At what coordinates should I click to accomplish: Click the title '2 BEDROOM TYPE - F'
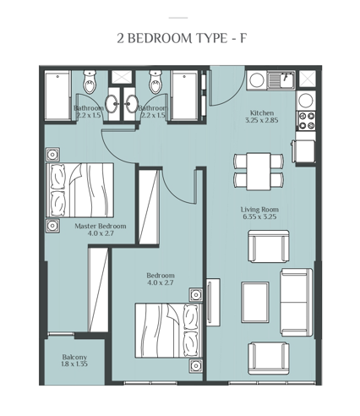179,37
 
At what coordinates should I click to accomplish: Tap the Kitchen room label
261,112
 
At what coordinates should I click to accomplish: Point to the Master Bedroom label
101,226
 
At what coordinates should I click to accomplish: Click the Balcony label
74,357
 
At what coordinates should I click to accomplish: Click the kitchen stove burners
305,119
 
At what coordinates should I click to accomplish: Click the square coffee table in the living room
255,297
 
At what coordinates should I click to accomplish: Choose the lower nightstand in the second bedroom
196,365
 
